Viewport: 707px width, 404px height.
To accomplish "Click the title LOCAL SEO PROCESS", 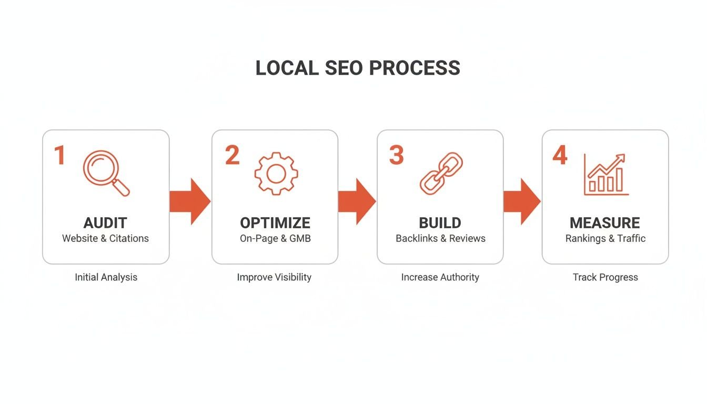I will point(358,68).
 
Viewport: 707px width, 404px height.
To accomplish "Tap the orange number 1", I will point(59,156).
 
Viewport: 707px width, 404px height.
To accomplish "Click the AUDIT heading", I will point(105,223).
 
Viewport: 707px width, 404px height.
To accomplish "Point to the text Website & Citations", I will point(105,238).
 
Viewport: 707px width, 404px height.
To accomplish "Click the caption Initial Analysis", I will point(106,277).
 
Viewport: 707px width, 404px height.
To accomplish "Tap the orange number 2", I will point(232,156).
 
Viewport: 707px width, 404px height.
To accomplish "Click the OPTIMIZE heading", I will point(275,223).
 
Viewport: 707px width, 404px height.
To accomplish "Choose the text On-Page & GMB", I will point(275,238).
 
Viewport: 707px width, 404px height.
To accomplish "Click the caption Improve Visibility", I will point(274,277).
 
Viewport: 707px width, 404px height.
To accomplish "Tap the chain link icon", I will point(441,173).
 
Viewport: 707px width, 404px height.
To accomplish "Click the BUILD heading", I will point(440,223).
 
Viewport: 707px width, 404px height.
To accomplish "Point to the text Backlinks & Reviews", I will point(440,238).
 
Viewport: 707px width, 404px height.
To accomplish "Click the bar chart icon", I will point(606,175).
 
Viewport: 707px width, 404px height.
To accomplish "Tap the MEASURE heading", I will point(605,223).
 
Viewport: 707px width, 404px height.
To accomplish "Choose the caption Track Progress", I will point(605,277).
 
